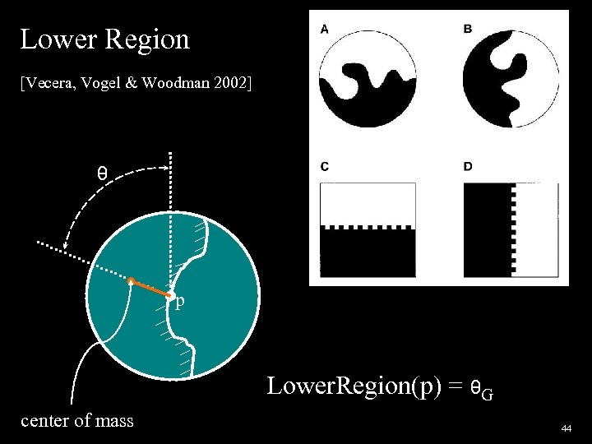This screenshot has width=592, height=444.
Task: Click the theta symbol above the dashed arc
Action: click(x=101, y=173)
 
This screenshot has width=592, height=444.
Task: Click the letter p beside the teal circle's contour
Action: click(x=180, y=302)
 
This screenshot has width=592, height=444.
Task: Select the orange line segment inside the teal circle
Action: click(x=150, y=288)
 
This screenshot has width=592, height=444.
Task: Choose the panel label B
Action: click(x=468, y=29)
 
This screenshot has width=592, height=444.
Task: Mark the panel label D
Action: click(x=468, y=167)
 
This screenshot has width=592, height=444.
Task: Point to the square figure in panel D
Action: click(x=511, y=229)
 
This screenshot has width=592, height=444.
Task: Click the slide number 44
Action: click(x=566, y=429)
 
